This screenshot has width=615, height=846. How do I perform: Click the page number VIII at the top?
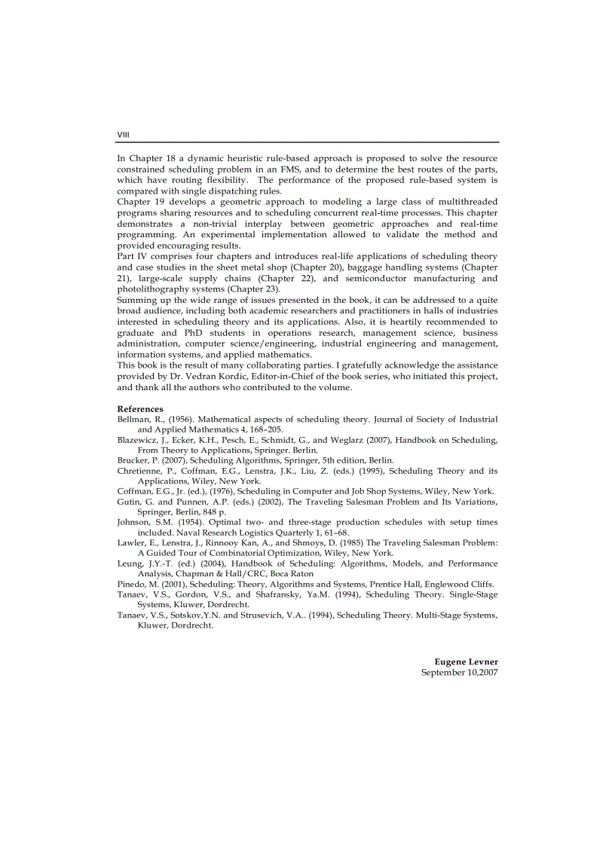(124, 135)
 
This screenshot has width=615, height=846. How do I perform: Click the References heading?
(140, 409)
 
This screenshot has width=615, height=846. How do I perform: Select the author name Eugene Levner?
(466, 661)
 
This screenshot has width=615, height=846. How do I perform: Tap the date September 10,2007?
(459, 672)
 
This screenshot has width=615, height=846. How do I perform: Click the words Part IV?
(130, 256)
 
